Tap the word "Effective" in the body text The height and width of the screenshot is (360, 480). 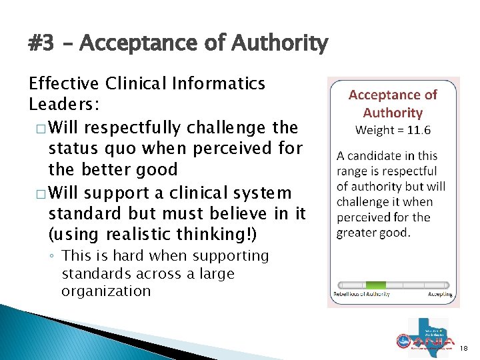[x=63, y=84]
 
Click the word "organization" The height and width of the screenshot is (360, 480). [x=106, y=291]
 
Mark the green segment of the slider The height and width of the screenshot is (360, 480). [x=375, y=285]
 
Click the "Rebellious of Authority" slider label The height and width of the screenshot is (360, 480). [x=360, y=294]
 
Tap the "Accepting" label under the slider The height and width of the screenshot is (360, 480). [x=440, y=294]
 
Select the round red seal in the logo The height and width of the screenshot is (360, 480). [x=402, y=341]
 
